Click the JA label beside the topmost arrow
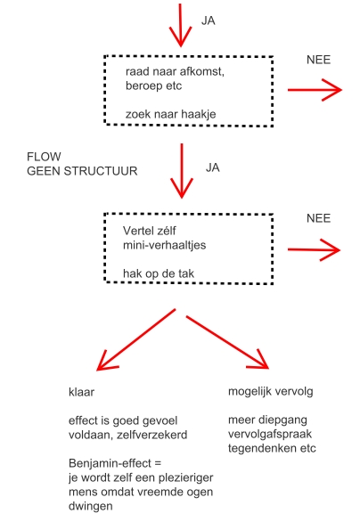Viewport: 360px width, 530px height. [x=209, y=20]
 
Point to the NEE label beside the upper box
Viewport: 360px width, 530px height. [x=318, y=60]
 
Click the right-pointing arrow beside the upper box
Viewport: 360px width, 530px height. [x=315, y=90]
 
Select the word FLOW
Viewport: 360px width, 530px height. [x=44, y=157]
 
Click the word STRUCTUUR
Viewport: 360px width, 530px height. [x=101, y=171]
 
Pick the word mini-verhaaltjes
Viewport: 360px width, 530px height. [x=164, y=245]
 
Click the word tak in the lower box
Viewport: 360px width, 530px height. [x=186, y=273]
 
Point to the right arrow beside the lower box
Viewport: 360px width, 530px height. [x=314, y=249]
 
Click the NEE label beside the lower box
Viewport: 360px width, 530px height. [x=318, y=218]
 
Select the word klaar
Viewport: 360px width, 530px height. [x=81, y=392]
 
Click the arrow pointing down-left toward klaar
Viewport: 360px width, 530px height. [x=135, y=339]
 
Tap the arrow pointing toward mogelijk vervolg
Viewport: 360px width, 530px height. [x=227, y=342]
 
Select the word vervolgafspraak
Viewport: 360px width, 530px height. [x=270, y=434]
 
